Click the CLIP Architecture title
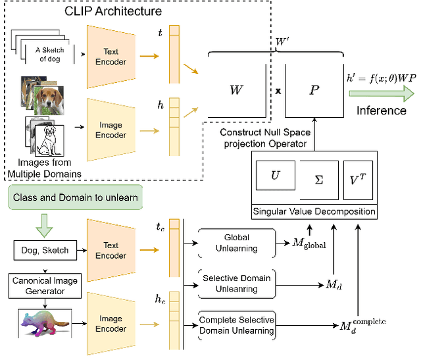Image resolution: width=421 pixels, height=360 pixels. pos(113,11)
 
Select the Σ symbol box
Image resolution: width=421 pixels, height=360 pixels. pos(318,178)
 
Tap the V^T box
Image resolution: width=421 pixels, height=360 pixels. pos(358,178)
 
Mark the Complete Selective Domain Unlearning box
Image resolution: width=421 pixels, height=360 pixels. pos(237,326)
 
